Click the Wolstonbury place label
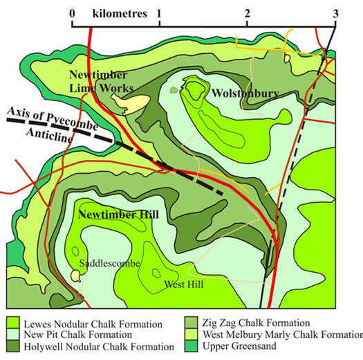pyautogui.click(x=236, y=93)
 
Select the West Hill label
pyautogui.click(x=180, y=284)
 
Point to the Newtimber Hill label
pyautogui.click(x=118, y=215)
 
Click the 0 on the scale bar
pyautogui.click(x=73, y=13)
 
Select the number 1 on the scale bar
pyautogui.click(x=160, y=13)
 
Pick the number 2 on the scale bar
pyautogui.click(x=248, y=13)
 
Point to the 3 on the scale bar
pyautogui.click(x=335, y=13)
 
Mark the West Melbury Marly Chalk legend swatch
pyautogui.click(x=192, y=334)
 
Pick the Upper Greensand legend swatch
pyautogui.click(x=192, y=345)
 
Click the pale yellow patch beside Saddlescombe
pyautogui.click(x=75, y=276)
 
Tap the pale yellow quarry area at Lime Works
pyautogui.click(x=130, y=104)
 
